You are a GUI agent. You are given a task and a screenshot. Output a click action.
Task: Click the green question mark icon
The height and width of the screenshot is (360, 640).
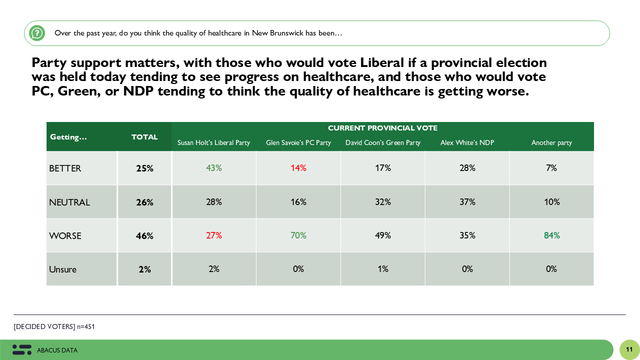pyautogui.click(x=37, y=33)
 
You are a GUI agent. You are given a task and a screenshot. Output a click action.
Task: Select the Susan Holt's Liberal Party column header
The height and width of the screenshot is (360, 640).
pyautogui.click(x=213, y=143)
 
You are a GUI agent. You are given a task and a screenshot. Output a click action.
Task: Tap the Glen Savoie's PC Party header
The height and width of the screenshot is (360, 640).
pyautogui.click(x=298, y=143)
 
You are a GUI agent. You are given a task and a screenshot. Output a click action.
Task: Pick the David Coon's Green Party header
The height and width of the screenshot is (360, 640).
pyautogui.click(x=383, y=143)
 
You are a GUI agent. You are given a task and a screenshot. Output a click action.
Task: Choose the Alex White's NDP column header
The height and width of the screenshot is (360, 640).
pyautogui.click(x=467, y=143)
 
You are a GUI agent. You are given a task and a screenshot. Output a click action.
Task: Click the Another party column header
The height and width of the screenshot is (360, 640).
pyautogui.click(x=551, y=143)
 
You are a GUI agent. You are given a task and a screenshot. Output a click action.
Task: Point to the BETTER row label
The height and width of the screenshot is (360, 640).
pyautogui.click(x=65, y=168)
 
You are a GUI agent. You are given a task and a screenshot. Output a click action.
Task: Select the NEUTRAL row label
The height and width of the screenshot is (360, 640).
pyautogui.click(x=69, y=202)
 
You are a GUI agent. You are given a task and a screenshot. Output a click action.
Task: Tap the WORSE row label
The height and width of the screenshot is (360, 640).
pyautogui.click(x=65, y=236)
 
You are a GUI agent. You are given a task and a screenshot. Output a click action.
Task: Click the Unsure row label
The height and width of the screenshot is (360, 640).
pyautogui.click(x=63, y=269)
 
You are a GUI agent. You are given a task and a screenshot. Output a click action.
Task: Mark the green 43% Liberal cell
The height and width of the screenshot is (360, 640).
pyautogui.click(x=214, y=168)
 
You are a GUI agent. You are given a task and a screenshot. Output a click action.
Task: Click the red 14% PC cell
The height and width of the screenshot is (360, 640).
pyautogui.click(x=298, y=168)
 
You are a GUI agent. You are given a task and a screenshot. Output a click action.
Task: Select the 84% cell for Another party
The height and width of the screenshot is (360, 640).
pyautogui.click(x=552, y=235)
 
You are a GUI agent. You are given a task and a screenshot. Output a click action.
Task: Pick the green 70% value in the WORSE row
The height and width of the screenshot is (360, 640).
pyautogui.click(x=298, y=235)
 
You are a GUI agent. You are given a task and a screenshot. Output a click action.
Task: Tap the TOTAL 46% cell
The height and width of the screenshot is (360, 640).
pyautogui.click(x=144, y=236)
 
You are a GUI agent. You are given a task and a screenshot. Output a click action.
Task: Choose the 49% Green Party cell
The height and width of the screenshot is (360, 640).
pyautogui.click(x=383, y=235)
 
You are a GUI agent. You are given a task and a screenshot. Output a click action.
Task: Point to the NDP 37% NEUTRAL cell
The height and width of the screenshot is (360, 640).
pyautogui.click(x=467, y=202)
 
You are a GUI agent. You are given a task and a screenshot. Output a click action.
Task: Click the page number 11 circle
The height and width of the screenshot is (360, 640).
pyautogui.click(x=629, y=349)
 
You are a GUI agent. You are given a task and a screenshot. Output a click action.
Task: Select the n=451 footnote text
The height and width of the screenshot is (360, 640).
pyautogui.click(x=85, y=327)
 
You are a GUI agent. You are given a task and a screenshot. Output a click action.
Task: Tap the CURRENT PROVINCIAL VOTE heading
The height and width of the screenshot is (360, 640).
pyautogui.click(x=382, y=128)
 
